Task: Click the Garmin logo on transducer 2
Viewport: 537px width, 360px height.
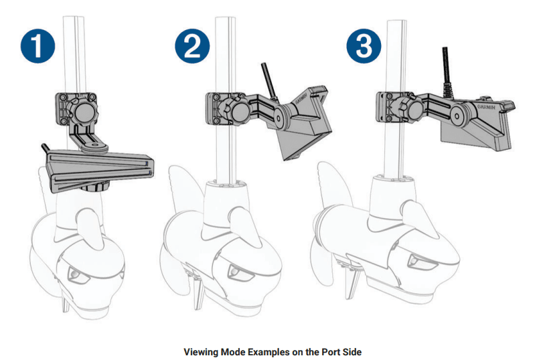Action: point(313,93)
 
